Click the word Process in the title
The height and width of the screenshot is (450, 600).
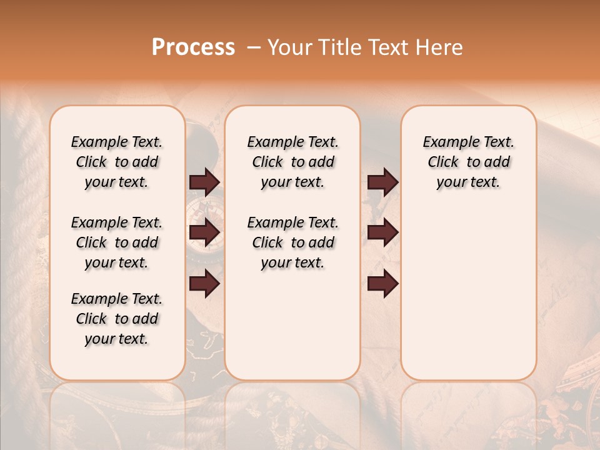point(193,47)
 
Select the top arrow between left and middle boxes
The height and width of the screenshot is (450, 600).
point(204,182)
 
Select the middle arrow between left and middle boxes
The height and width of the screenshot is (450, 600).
point(204,232)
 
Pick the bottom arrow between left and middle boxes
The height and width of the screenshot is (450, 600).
point(204,283)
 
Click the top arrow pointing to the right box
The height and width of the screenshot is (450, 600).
point(382,182)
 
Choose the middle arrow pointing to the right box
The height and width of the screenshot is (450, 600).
point(382,232)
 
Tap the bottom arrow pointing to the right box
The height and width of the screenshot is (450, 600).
point(382,283)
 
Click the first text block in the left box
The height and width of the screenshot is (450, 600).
point(117,162)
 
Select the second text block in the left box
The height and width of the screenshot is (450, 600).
point(117,242)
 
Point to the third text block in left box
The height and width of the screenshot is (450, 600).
point(117,319)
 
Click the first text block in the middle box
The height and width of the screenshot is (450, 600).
point(292,162)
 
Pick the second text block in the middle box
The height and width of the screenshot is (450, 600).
point(292,242)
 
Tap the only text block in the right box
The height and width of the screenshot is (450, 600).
point(468,162)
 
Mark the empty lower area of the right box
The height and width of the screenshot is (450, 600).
point(468,294)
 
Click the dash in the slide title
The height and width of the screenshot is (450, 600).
point(254,47)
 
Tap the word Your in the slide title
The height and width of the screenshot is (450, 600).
point(290,47)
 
